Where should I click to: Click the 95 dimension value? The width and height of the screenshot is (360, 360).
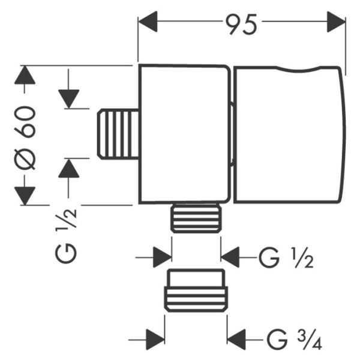click(242, 23)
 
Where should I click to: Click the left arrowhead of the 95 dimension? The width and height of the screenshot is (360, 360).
click(149, 23)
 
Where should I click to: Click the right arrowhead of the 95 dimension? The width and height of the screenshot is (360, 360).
click(337, 23)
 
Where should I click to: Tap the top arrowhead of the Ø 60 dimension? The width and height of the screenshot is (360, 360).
click(25, 75)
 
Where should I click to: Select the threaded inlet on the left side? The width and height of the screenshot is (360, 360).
click(118, 133)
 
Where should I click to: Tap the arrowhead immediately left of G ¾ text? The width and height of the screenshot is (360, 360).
click(238, 336)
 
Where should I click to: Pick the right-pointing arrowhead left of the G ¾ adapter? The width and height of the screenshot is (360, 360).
click(155, 336)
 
